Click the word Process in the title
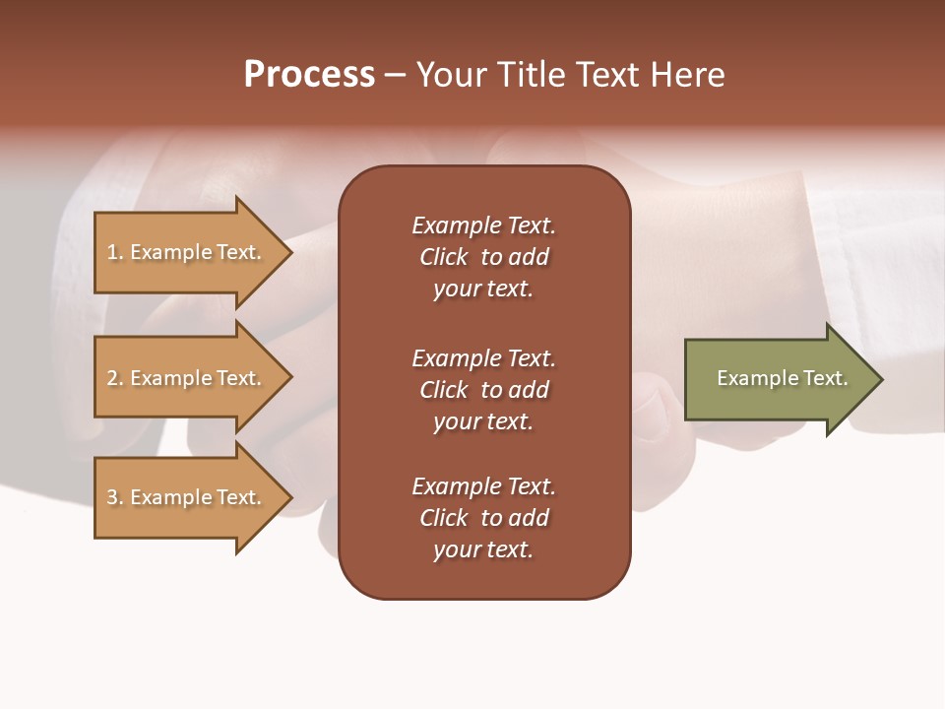click(x=309, y=75)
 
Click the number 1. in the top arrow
click(x=115, y=252)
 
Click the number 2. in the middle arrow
click(x=115, y=378)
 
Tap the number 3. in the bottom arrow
click(x=115, y=497)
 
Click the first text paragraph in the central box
click(x=483, y=257)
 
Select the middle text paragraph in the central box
click(x=483, y=390)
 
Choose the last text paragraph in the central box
click(x=483, y=518)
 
